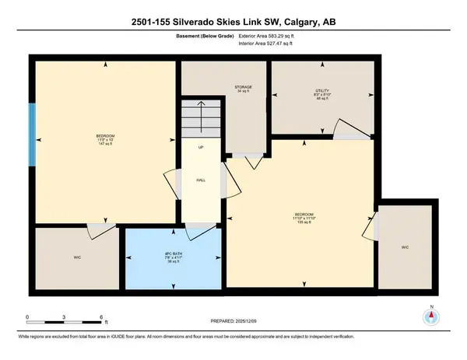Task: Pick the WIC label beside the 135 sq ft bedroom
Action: tap(405, 247)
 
